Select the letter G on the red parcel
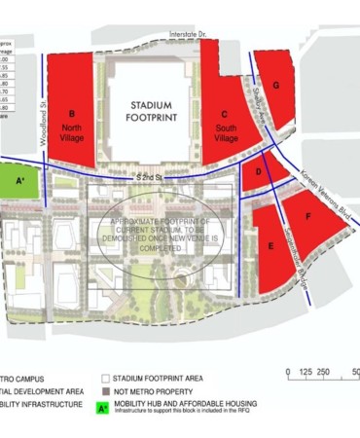tap(276, 86)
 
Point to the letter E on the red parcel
tap(270, 247)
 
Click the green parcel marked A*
tap(20, 181)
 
